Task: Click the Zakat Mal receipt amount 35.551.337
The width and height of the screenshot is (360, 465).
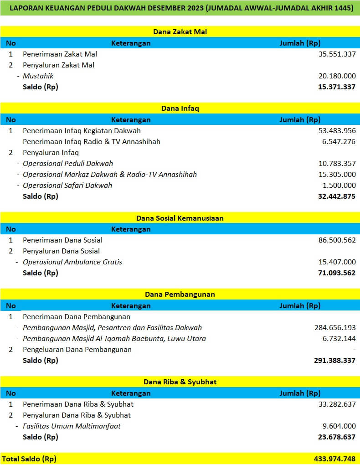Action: point(337,54)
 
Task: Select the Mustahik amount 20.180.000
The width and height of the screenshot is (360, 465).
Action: point(337,76)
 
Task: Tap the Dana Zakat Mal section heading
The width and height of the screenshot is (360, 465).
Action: point(180,32)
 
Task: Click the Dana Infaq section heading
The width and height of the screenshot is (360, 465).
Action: point(180,108)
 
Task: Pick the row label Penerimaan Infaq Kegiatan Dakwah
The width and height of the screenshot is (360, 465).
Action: point(82,131)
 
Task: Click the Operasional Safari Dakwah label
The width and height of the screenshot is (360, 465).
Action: point(67,186)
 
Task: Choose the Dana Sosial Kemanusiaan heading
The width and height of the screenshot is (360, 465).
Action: point(180,218)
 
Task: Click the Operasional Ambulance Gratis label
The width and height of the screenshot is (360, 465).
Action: point(72,262)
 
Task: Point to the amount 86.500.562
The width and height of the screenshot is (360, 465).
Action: point(337,240)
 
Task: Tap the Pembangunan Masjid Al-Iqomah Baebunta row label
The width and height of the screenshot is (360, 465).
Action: point(114,339)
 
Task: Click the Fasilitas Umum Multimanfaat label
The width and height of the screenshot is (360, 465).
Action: point(72,426)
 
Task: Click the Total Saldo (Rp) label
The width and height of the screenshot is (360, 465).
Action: point(29,459)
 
